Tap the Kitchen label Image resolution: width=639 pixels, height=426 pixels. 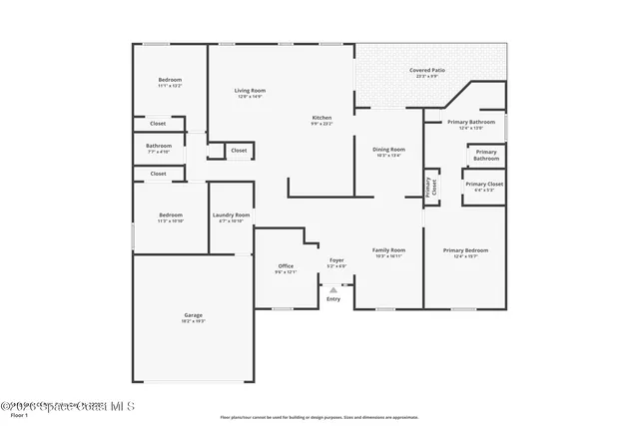(320, 118)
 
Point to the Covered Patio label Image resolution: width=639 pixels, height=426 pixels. (426, 71)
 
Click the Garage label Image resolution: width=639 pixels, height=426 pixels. (192, 315)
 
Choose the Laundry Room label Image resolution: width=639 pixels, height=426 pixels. (231, 214)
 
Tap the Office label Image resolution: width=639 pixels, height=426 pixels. (286, 265)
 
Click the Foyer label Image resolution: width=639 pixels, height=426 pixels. (337, 260)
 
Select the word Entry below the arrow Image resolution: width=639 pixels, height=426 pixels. (333, 298)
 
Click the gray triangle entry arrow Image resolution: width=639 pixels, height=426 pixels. (333, 290)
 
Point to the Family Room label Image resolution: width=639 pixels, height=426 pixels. (388, 249)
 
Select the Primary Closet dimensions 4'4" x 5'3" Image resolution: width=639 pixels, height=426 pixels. (484, 191)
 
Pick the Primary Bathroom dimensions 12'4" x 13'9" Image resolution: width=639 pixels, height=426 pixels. (470, 128)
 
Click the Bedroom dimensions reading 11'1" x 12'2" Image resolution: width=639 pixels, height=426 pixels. (170, 86)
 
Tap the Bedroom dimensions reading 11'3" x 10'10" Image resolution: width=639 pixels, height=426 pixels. (170, 220)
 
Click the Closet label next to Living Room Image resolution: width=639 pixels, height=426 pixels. (239, 151)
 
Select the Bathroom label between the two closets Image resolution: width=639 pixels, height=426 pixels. (159, 146)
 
